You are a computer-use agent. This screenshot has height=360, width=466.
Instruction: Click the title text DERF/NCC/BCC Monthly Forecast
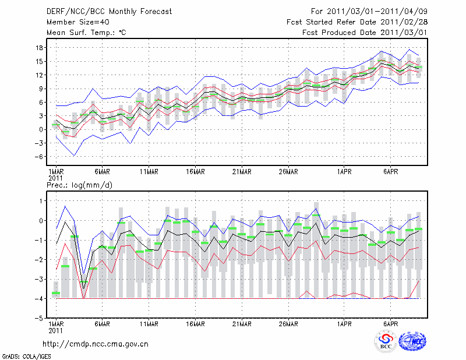(101, 11)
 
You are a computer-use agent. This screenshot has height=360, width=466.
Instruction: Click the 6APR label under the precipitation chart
(391, 323)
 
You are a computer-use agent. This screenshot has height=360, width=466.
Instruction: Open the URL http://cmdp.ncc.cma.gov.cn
(96, 344)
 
